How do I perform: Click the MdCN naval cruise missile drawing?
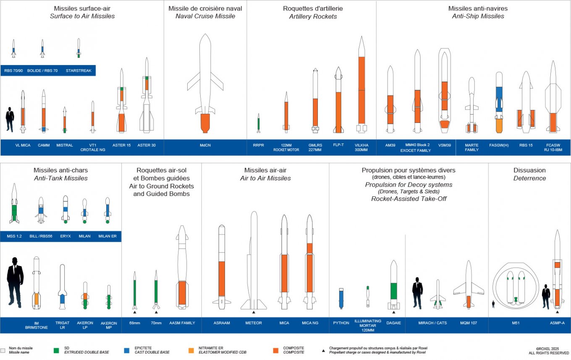(x=205, y=84)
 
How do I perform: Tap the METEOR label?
(x=254, y=323)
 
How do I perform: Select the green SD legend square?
(x=56, y=350)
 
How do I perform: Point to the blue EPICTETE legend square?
(x=126, y=350)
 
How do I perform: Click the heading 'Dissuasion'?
(x=529, y=170)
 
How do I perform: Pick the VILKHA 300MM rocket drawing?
(x=361, y=84)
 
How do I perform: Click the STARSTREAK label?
(x=79, y=70)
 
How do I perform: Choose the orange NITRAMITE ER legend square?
(x=191, y=350)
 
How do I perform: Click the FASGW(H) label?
(x=499, y=145)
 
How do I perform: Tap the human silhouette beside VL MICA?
(x=10, y=120)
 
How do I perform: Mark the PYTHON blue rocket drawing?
(x=341, y=298)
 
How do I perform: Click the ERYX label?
(x=65, y=236)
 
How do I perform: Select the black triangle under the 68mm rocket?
(x=135, y=312)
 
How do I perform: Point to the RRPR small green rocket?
(x=259, y=123)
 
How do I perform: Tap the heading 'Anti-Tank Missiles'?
(x=60, y=178)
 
